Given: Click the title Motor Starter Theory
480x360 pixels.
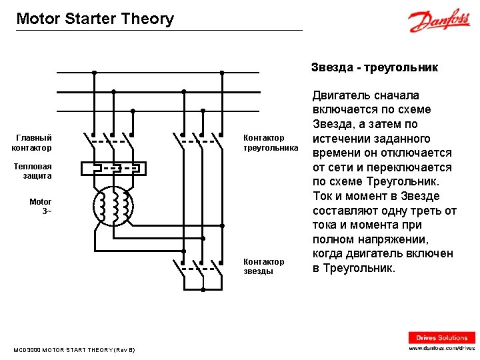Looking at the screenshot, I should click(95, 19).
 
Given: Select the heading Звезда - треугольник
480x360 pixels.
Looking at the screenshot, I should click(374, 67).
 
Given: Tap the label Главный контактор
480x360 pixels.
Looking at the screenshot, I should click(32, 143).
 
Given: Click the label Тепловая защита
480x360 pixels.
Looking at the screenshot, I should click(33, 171).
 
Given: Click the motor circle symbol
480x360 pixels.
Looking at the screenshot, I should click(113, 206).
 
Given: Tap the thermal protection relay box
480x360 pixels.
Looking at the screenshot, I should click(113, 167).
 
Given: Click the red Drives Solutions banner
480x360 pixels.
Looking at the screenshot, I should click(442, 337).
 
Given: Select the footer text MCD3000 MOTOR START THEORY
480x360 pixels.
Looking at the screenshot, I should click(74, 350).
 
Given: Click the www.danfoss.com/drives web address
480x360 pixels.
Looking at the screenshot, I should click(442, 348).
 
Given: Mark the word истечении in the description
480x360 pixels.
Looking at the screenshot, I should click(342, 139).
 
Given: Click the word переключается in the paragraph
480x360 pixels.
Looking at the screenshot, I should click(417, 167).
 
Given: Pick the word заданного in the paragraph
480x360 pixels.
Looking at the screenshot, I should click(413, 139).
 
